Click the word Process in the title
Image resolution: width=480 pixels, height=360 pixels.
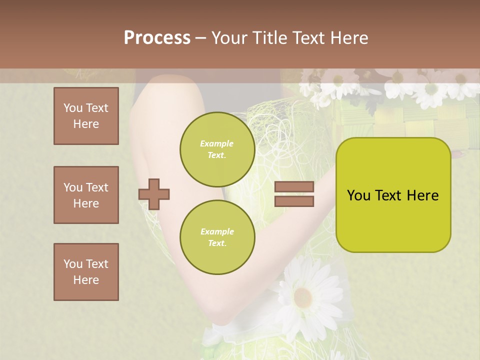coord(157,38)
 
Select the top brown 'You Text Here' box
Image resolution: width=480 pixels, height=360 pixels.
coord(86,116)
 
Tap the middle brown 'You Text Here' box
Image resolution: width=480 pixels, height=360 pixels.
coord(86,195)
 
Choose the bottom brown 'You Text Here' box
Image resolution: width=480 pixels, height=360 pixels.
coord(86,272)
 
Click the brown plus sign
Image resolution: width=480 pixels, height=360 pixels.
coord(154,194)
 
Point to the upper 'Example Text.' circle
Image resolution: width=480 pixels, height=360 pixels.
coord(217,149)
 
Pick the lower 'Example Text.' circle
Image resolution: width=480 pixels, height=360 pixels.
coord(217,237)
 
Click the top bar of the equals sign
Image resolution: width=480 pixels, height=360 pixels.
coord(294,187)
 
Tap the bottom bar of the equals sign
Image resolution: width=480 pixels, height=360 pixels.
coord(294,201)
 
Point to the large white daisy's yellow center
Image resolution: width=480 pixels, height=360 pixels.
coord(303,297)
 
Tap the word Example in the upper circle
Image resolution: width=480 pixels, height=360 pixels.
coord(217,143)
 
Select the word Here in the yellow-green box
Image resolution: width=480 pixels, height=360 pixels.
coord(422,195)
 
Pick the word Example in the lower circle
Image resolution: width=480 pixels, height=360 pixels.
coord(217,231)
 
